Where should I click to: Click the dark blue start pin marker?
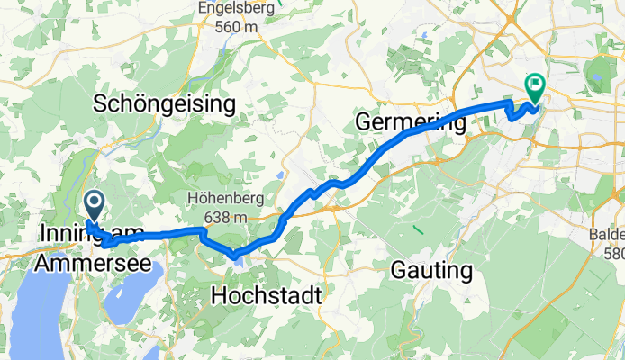pos(93,204)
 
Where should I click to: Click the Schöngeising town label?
pos(165,104)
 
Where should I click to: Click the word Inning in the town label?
pos(66,234)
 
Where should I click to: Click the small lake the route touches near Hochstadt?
pos(236,256)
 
